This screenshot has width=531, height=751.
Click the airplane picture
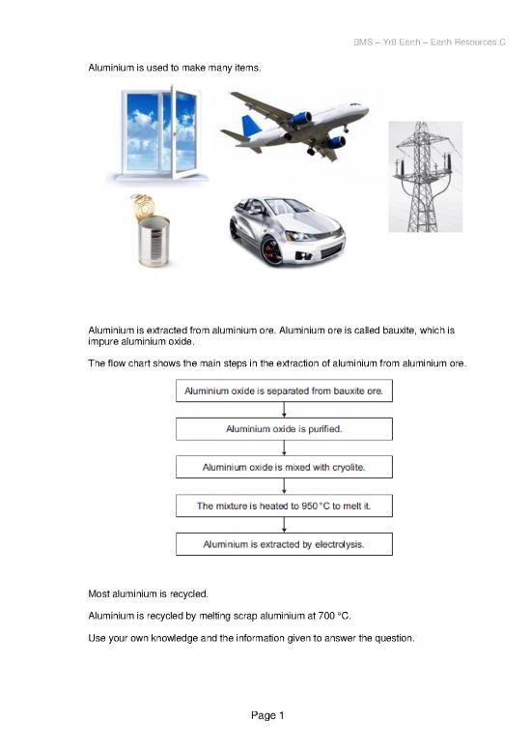(294, 126)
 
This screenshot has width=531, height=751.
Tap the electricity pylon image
(425, 176)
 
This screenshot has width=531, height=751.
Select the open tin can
(152, 232)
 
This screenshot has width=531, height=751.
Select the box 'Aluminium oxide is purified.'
(284, 428)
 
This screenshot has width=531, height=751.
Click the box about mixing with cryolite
(284, 467)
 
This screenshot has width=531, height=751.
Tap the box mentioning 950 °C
(284, 505)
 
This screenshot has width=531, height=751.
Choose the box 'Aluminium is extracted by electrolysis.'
(284, 544)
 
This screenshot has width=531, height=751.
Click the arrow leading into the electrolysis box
(284, 525)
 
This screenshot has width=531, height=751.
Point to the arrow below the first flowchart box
(284, 409)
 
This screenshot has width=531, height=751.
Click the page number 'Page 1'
(265, 715)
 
